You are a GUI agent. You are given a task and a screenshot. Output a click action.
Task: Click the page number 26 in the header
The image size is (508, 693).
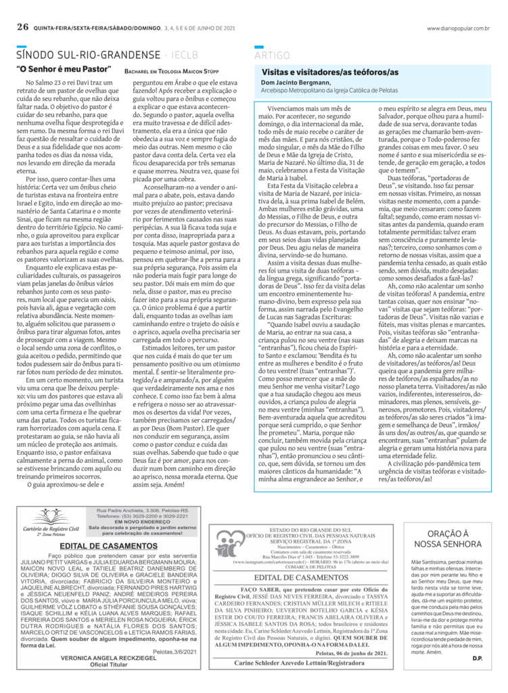[x=22, y=28]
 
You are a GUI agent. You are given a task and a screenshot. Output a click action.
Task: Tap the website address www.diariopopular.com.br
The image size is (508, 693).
[x=458, y=28]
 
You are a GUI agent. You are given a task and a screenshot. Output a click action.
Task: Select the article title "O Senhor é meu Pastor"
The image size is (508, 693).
[x=62, y=70]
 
